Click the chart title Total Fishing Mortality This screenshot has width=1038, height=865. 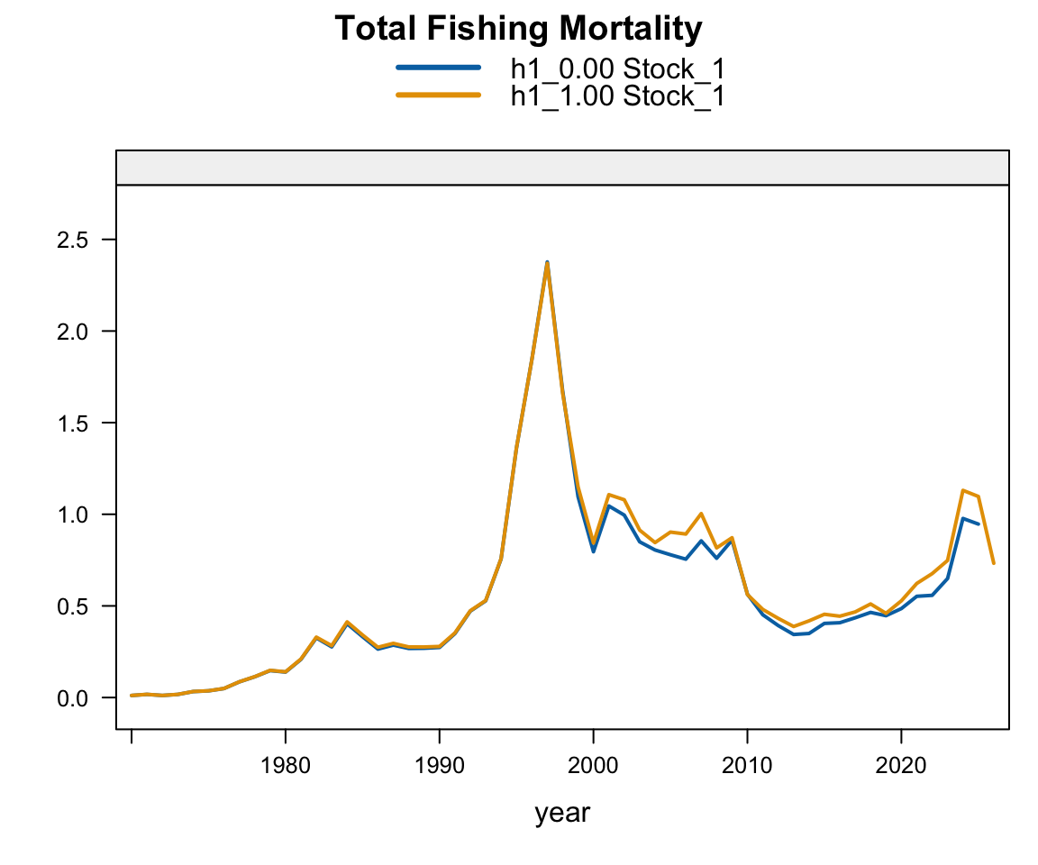518,29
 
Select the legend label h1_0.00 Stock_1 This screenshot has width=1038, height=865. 617,68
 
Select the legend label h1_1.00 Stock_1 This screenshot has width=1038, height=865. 617,96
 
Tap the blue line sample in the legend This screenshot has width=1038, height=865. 438,68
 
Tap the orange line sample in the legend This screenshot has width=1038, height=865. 438,95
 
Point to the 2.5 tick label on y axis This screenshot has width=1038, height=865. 73,241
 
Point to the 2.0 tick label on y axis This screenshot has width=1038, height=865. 73,332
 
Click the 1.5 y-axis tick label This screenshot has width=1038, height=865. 73,423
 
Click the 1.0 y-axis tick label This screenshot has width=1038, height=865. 73,514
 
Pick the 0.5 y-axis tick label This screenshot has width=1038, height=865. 73,607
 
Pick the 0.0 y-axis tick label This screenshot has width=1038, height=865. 73,699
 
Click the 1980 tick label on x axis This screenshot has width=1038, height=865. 286,766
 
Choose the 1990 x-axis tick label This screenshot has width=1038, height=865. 439,766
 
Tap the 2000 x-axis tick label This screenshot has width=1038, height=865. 593,766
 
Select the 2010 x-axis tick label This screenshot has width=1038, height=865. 747,766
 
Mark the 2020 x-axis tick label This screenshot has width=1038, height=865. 901,766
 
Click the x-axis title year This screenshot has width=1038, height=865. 562,814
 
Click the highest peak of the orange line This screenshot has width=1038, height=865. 548,265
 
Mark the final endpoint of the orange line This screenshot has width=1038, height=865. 994,563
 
